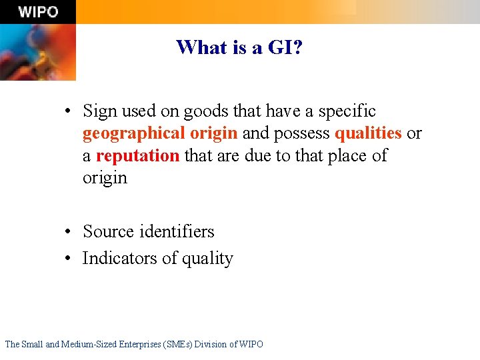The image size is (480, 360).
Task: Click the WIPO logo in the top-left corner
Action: pyautogui.click(x=37, y=11)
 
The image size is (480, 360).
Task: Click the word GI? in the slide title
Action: pyautogui.click(x=285, y=47)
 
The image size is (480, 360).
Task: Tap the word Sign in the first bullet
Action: pyautogui.click(x=100, y=111)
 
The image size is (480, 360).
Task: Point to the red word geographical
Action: pyautogui.click(x=133, y=133)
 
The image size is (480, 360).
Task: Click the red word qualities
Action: pyautogui.click(x=368, y=133)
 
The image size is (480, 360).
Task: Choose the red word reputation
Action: pyautogui.click(x=138, y=156)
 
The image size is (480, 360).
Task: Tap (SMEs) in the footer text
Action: pyautogui.click(x=179, y=344)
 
